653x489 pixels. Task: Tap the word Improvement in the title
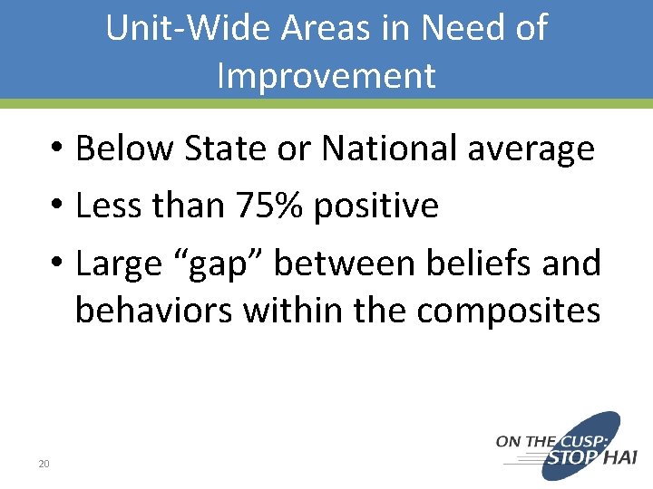click(x=326, y=75)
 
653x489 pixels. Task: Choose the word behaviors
click(x=152, y=311)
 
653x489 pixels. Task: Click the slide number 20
click(x=43, y=465)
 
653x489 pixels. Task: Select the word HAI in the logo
click(x=620, y=458)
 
